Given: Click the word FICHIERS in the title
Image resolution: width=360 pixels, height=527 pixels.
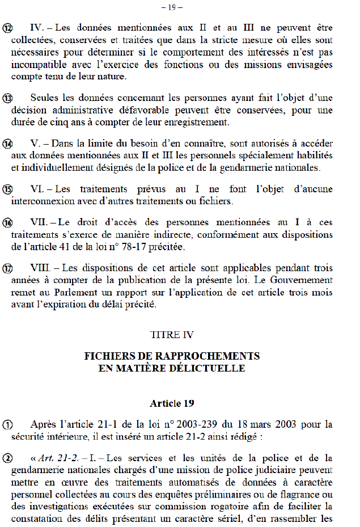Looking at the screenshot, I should point(108,356).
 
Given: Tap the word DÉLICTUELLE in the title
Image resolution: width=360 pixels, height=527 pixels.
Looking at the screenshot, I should point(211,368).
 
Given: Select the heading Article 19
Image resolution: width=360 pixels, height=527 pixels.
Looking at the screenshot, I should point(172,403).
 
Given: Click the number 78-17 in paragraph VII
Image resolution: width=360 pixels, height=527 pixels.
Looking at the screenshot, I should point(129,246).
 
